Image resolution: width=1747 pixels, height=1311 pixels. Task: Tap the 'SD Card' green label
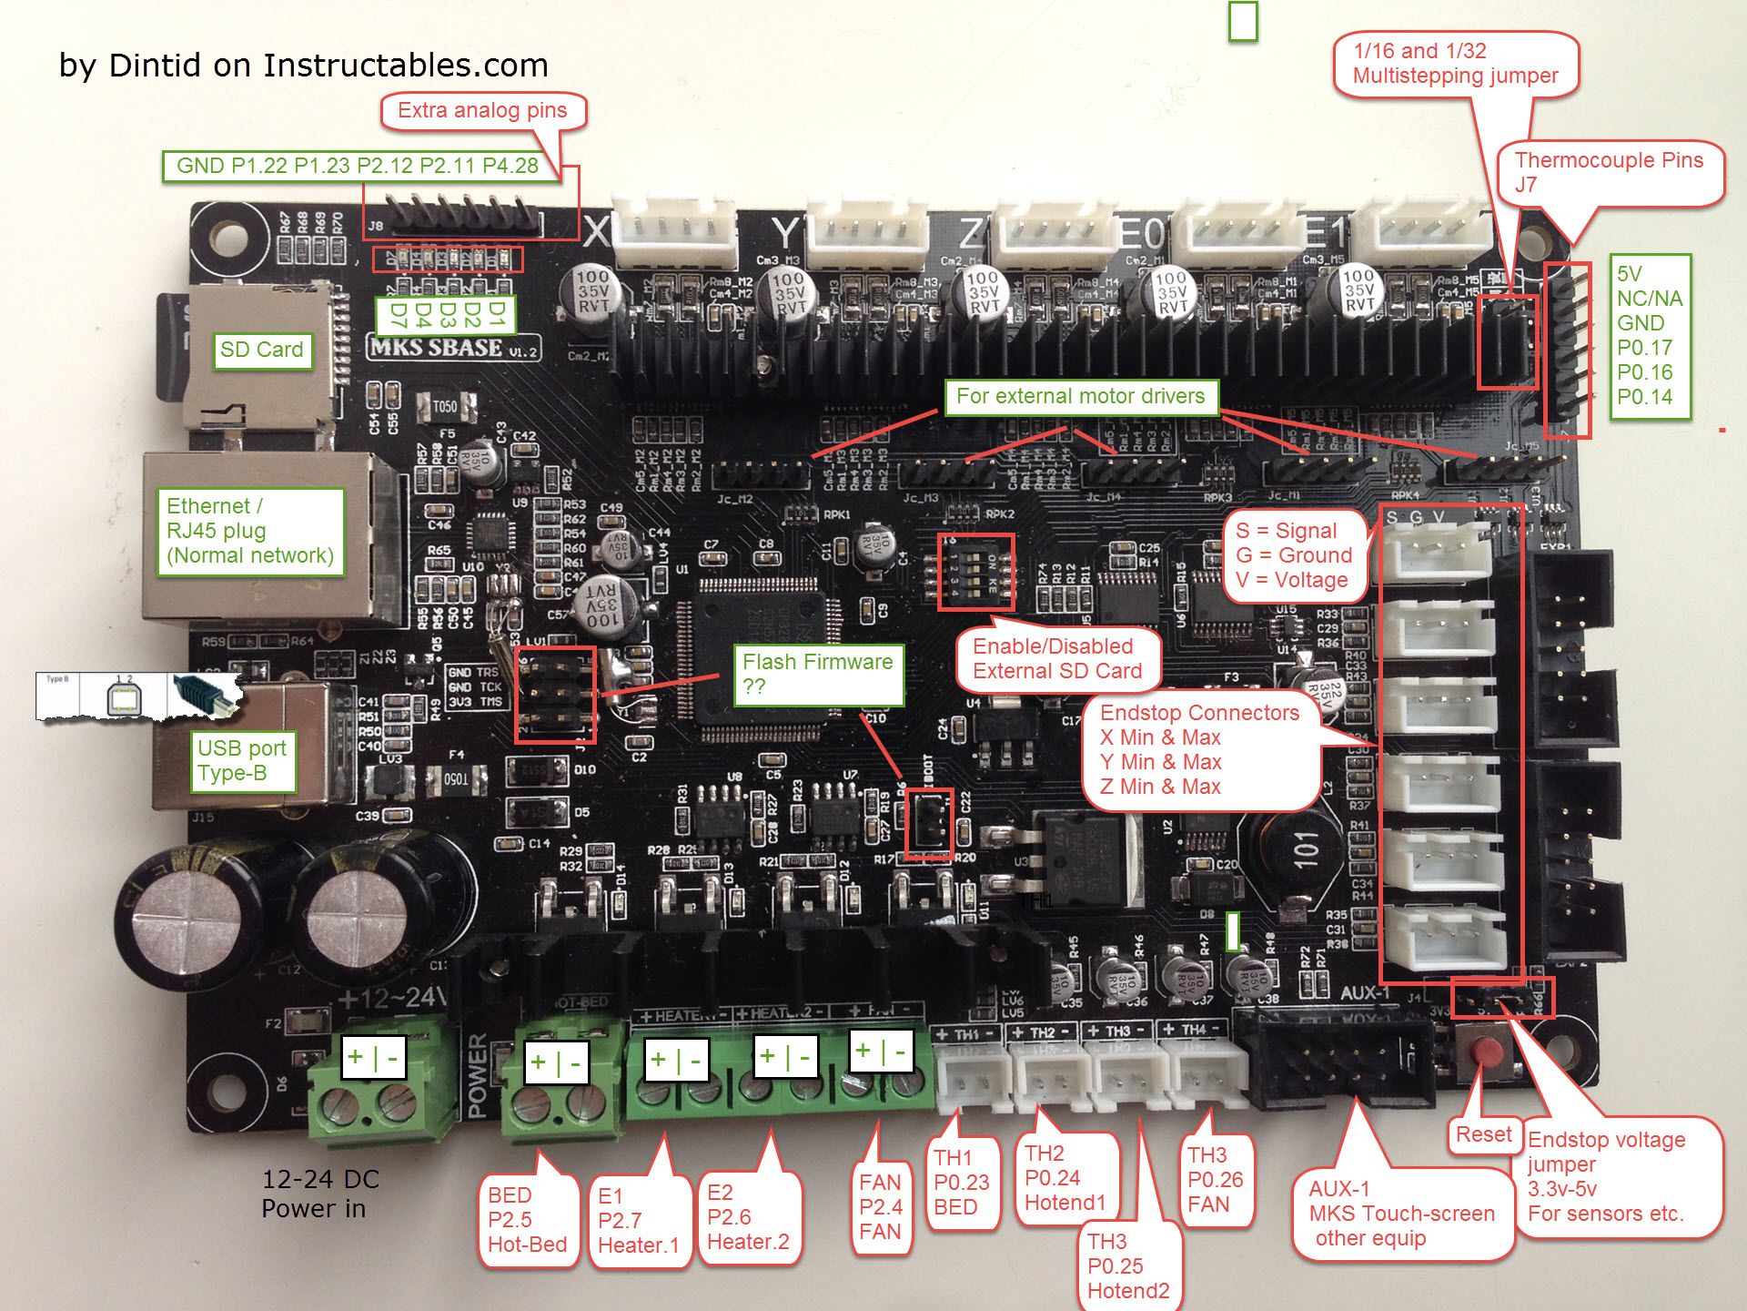point(262,350)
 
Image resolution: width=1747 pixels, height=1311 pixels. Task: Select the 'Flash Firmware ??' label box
point(818,674)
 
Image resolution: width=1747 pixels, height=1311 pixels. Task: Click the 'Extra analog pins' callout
point(482,111)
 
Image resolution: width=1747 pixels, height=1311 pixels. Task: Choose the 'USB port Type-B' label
point(242,760)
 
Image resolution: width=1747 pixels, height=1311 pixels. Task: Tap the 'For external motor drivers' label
point(1080,396)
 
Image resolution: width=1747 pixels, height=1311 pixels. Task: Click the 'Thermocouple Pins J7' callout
point(1609,172)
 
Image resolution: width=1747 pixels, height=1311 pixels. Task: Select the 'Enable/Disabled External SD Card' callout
point(1057,658)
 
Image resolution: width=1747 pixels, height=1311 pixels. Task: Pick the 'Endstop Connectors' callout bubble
point(1199,749)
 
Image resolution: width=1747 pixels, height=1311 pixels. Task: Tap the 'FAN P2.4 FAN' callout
point(881,1206)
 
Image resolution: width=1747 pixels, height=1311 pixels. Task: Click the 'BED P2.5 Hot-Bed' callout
point(527,1219)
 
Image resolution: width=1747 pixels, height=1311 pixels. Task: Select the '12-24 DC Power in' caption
point(319,1194)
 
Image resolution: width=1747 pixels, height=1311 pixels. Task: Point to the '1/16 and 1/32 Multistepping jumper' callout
point(1455,64)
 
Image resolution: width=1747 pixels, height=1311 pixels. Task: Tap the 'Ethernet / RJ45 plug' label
point(249,531)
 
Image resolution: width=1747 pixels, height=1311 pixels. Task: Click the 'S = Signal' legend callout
point(1293,555)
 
